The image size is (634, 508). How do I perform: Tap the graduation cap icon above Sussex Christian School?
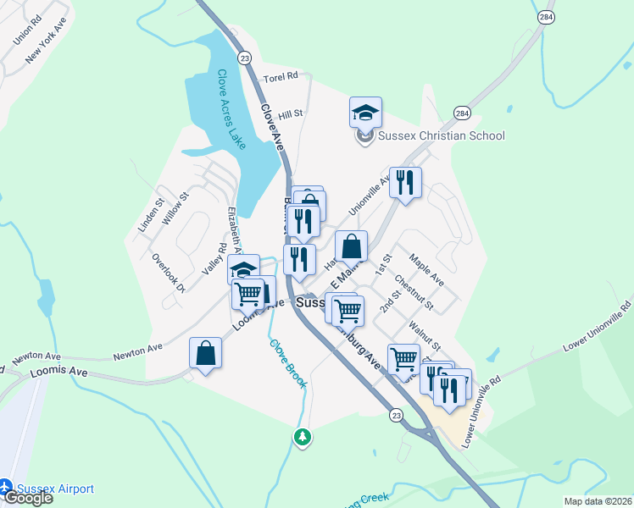tap(365, 112)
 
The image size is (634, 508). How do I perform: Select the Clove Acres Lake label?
tap(231, 109)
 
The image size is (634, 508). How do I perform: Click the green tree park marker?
tap(302, 437)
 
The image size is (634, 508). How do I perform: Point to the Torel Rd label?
tap(281, 77)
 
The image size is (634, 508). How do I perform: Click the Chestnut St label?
tap(414, 295)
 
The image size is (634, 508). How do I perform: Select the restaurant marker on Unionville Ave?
tap(405, 182)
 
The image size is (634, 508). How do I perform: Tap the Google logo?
tap(27, 498)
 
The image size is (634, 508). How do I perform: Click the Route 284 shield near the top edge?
tap(547, 16)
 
